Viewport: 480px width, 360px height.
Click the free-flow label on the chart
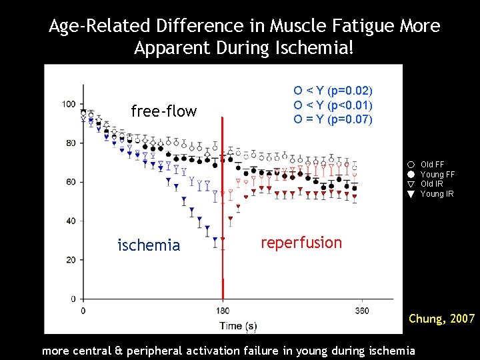(164, 111)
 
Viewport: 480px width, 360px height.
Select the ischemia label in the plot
(149, 245)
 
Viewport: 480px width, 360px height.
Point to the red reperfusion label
(301, 243)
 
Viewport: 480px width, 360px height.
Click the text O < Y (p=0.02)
(333, 91)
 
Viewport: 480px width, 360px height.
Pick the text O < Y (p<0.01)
(333, 105)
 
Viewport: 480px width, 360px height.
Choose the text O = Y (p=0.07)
(333, 120)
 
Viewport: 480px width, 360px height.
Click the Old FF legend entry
(432, 164)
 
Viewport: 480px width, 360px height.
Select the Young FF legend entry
(437, 174)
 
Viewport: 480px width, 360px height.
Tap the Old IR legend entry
(432, 184)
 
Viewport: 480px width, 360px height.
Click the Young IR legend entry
(437, 194)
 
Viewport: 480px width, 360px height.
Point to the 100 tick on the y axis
(69, 104)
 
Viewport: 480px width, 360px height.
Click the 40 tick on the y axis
(70, 221)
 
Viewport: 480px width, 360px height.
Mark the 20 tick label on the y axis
(70, 259)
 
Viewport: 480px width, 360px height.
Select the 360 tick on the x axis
(362, 311)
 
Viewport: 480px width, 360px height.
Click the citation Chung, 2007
(441, 319)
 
